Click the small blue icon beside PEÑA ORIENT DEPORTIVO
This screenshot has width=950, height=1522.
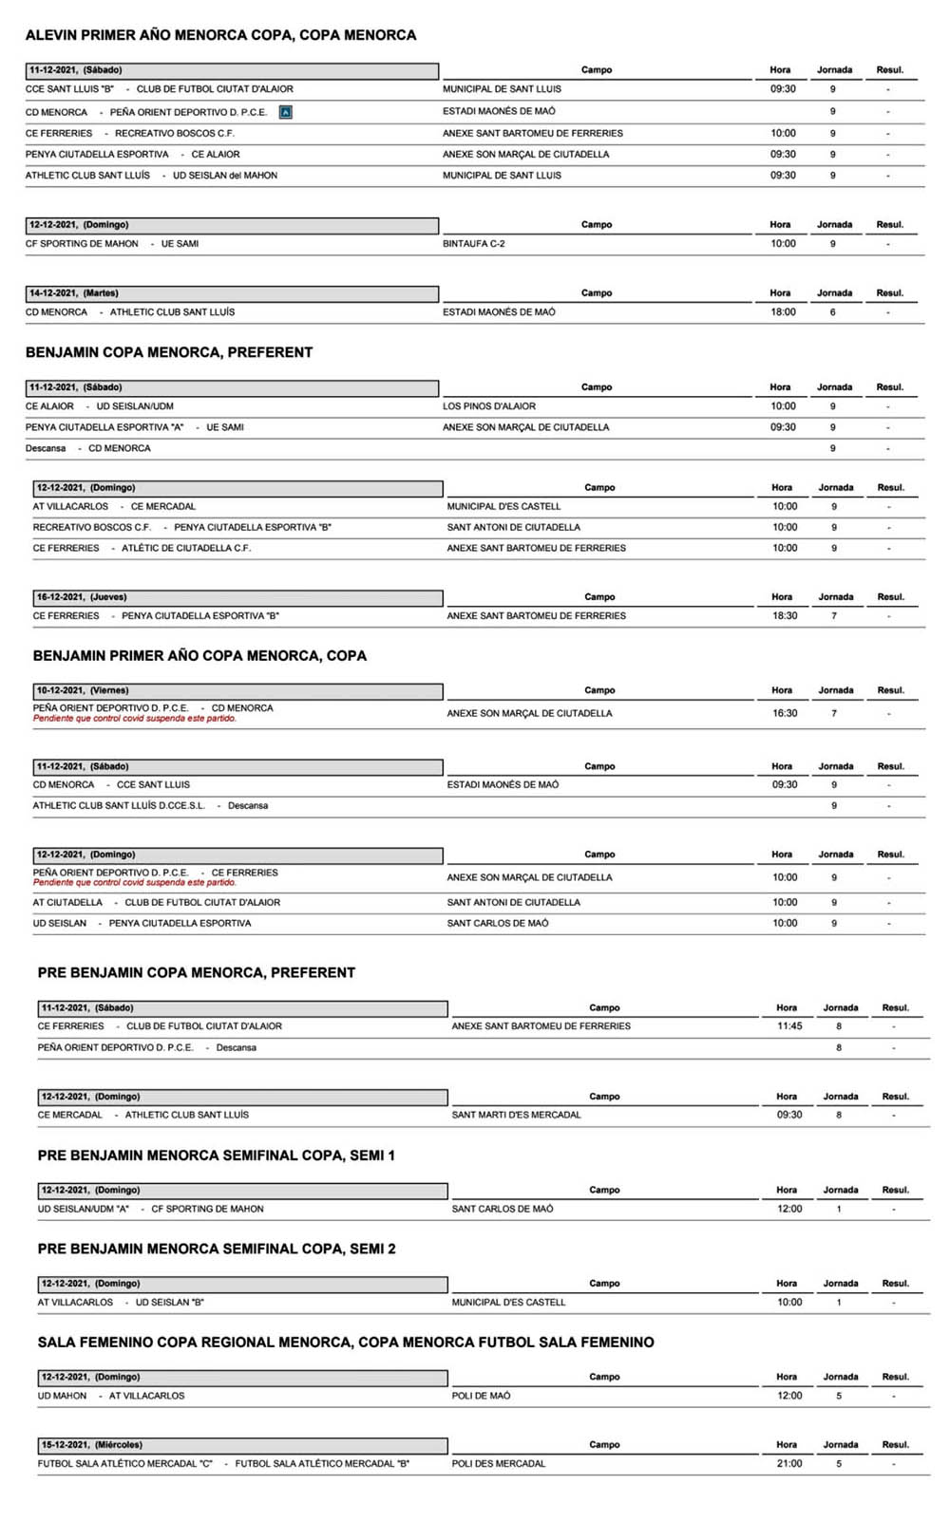[x=286, y=112]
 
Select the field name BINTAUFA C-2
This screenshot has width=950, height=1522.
[x=473, y=244]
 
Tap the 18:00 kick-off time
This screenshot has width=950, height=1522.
[x=783, y=312]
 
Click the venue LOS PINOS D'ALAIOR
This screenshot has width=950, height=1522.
[x=489, y=406]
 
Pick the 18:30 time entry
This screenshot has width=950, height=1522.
[x=785, y=616]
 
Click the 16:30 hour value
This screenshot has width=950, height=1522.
[x=785, y=713]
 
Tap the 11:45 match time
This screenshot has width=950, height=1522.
[x=789, y=1026]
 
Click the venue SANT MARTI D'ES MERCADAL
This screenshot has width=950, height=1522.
[x=516, y=1115]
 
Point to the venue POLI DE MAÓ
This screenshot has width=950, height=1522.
[x=481, y=1396]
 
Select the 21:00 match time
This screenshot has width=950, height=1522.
[x=789, y=1464]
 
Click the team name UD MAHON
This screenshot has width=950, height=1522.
[x=62, y=1396]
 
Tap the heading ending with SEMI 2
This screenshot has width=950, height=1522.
[x=217, y=1249]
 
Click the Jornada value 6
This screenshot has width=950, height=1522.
[x=833, y=312]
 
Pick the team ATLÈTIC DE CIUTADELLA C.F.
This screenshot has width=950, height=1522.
[x=186, y=548]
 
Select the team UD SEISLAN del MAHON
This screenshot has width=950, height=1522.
[x=225, y=176]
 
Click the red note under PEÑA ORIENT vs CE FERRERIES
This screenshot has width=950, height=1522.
[x=135, y=883]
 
